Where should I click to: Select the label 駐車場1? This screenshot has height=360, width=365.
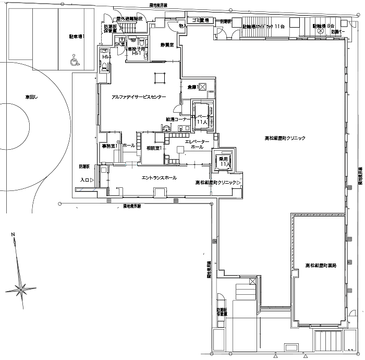point(77,37)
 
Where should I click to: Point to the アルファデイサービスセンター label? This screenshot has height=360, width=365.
point(139,97)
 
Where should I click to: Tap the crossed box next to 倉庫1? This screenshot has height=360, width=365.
point(203,86)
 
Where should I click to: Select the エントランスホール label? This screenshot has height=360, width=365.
point(159,178)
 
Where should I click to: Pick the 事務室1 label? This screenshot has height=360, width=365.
point(109,146)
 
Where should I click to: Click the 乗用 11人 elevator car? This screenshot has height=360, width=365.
point(224,161)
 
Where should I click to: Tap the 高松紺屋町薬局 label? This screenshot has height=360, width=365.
point(321,266)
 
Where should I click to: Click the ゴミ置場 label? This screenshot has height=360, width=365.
point(200,20)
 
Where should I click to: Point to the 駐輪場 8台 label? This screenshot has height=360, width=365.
point(323,25)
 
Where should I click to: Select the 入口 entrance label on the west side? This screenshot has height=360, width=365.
point(84,179)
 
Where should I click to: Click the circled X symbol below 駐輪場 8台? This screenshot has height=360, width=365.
point(321,32)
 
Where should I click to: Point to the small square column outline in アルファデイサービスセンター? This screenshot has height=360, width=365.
point(156,80)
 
